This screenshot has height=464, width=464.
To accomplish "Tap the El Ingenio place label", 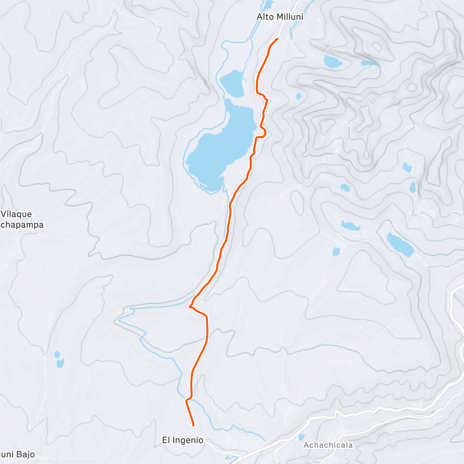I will coord(183,440).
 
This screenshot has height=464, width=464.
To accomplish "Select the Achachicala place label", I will coord(328,445).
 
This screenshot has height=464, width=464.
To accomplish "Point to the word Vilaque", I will coord(16,214).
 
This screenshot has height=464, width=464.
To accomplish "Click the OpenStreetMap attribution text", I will coord(81,459).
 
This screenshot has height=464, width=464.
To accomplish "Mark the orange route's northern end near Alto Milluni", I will coord(277,39).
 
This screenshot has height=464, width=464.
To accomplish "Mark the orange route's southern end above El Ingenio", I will coord(193,425).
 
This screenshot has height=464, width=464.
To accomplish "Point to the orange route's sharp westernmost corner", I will coord(190,307).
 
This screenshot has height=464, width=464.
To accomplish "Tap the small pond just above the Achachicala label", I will coord(301,437).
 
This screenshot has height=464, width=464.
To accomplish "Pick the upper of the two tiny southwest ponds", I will coord(57,354).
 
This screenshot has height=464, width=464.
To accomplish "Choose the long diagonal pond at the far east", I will coord(400,244).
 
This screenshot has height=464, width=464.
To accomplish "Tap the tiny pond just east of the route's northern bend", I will coord(299,96).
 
